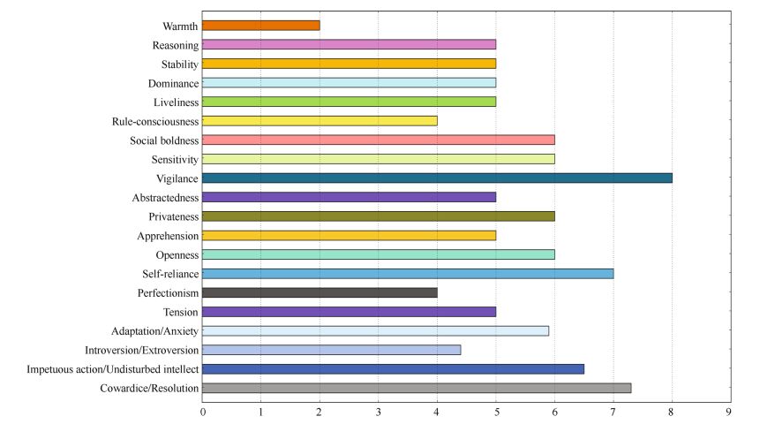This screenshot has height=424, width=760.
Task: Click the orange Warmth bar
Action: pos(261,26)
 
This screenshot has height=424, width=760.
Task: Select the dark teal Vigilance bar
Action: pos(437,178)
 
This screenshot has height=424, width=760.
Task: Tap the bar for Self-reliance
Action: pos(408,274)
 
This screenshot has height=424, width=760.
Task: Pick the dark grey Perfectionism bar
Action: pos(320,293)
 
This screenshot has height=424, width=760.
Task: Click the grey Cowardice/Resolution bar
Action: pos(417,389)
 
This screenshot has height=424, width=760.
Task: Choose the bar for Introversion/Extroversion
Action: pos(332,351)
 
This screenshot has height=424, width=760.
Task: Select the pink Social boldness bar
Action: pos(379,140)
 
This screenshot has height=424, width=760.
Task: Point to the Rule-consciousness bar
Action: pos(320,121)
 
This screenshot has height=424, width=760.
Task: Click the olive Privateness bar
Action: pos(379,216)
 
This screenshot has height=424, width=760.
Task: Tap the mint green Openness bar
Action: pos(379,254)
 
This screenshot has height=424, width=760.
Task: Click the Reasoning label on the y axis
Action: pos(175,45)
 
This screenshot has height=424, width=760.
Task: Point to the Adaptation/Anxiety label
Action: pos(155,331)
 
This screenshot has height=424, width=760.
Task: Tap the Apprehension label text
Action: pos(168,236)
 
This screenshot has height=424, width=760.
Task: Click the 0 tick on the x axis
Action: pos(203,412)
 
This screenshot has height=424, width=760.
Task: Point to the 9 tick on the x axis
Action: pos(730,412)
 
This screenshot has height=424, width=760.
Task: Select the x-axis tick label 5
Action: pos(496,412)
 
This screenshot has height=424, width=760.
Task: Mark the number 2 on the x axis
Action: pos(320,412)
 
